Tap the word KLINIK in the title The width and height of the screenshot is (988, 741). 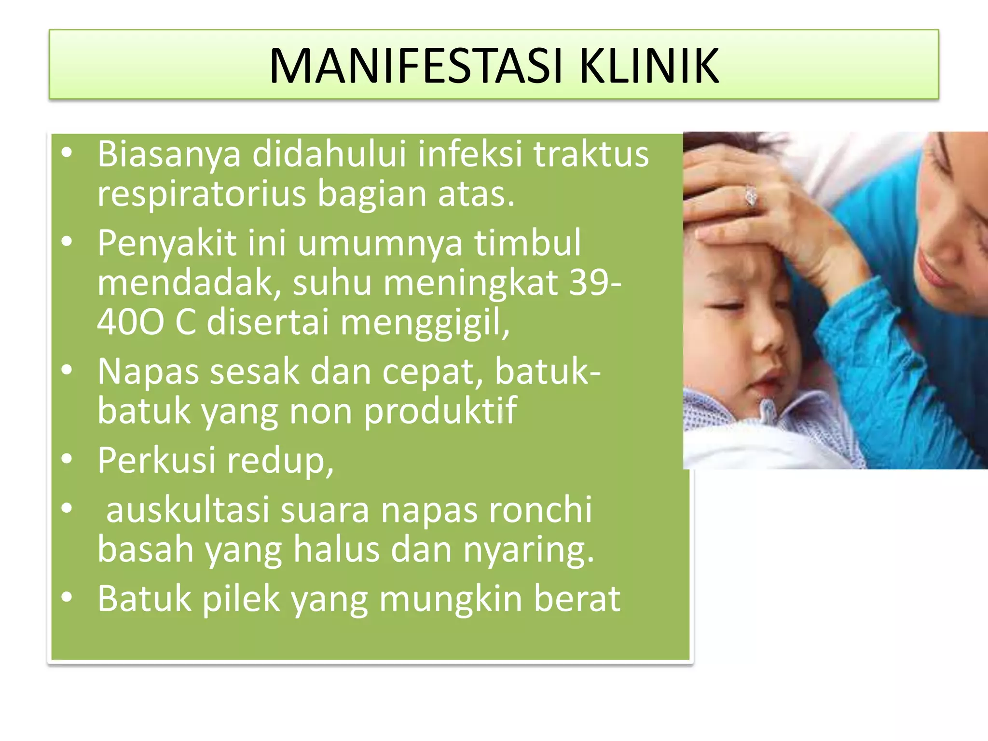pos(648,66)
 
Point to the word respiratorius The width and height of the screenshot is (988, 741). pos(202,194)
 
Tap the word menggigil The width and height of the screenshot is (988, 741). pos(425,323)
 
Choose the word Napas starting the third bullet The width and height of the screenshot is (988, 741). pos(148,372)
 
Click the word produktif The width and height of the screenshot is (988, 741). pos(440,412)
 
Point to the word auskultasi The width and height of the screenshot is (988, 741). pos(187,510)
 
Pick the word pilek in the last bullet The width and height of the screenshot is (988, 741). pos(241,599)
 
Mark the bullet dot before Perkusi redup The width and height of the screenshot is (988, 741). pos(67,459)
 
